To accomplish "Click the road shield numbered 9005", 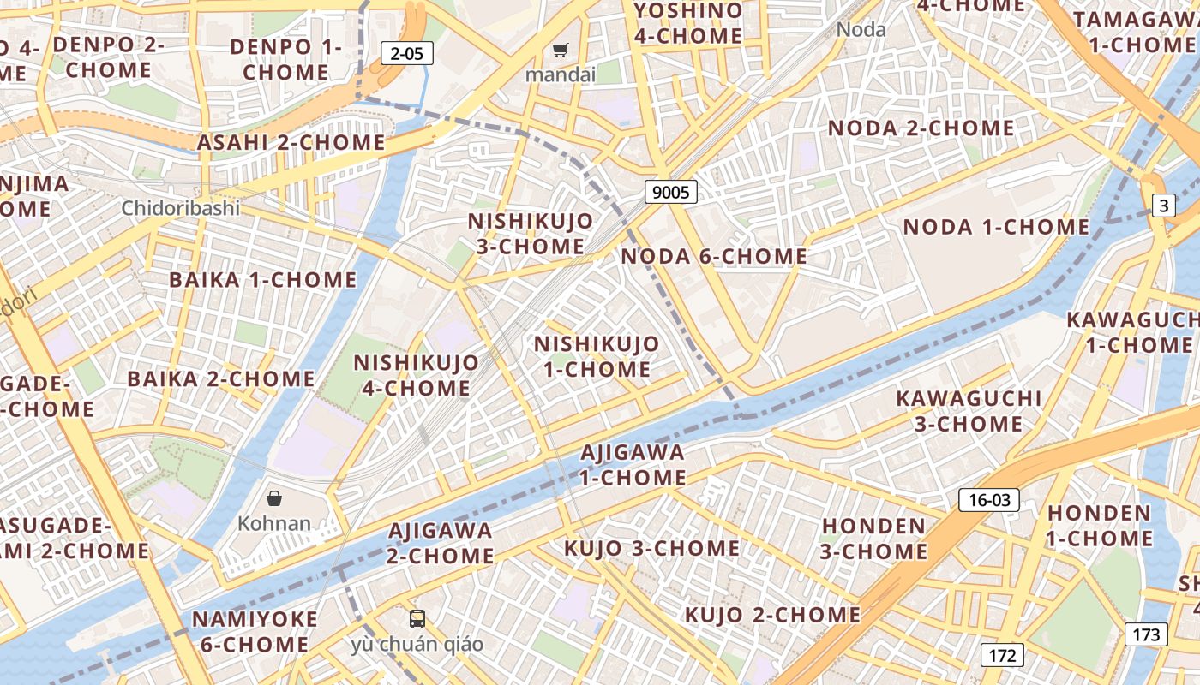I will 670,192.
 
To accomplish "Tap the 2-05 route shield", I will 406,54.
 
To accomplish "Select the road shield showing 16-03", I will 989,500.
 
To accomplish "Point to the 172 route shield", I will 1001,656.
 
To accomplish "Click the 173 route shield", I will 1146,634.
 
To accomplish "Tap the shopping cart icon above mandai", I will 560,51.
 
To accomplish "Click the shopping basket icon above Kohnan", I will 274,498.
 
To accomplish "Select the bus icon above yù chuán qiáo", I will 417,618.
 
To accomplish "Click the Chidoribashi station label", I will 180,208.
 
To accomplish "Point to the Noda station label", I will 861,29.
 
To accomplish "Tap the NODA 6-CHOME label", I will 714,256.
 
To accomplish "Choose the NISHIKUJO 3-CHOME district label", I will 531,234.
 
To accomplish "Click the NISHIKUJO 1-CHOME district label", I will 597,357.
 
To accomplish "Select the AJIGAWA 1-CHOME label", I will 633,464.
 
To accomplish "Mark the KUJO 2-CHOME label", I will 772,615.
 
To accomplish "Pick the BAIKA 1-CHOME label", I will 262,280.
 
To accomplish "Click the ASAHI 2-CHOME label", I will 291,142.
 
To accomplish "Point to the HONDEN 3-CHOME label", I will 873,539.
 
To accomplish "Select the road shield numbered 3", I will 1163,205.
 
